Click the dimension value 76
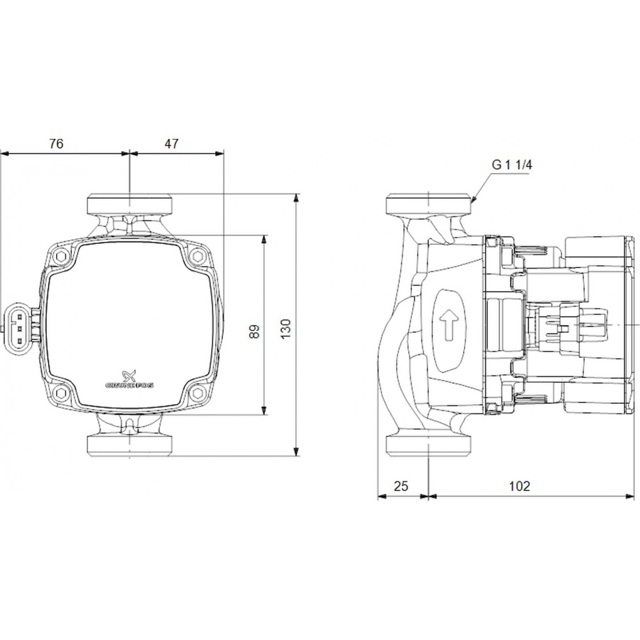(56, 143)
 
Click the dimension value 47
(172, 143)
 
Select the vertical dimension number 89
(254, 332)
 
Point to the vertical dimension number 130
(285, 328)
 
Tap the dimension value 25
(401, 486)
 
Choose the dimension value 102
(519, 486)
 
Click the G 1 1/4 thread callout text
(512, 165)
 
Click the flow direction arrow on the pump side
(449, 324)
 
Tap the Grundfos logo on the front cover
(129, 379)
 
